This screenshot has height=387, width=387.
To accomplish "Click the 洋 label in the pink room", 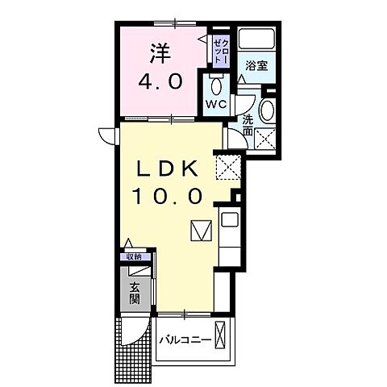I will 159,52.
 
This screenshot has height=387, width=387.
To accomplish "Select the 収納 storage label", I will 133,257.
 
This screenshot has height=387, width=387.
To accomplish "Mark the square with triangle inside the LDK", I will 200,231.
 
